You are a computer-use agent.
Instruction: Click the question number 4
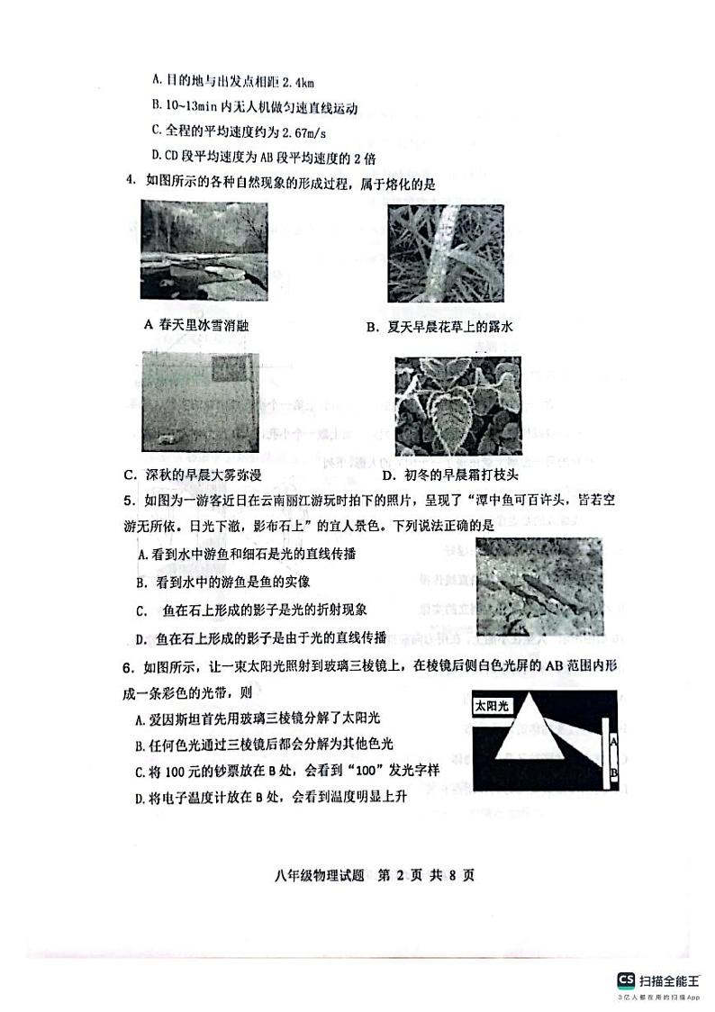[x=129, y=183]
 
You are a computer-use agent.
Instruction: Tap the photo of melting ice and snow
[x=204, y=249]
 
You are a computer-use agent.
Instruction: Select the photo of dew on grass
[x=440, y=254]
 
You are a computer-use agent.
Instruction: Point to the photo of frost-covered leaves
[x=457, y=405]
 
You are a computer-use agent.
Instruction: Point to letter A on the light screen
[x=613, y=742]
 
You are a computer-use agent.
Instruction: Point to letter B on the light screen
[x=613, y=771]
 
